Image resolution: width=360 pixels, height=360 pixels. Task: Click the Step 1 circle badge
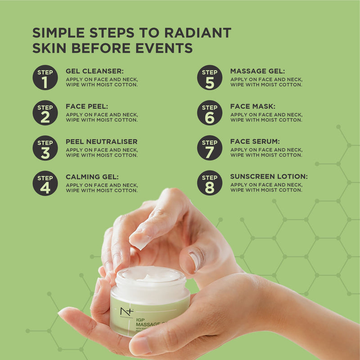pyautogui.click(x=45, y=77)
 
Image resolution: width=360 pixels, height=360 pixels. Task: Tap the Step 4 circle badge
pyautogui.click(x=45, y=183)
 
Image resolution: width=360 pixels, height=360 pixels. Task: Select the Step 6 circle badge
pyautogui.click(x=210, y=112)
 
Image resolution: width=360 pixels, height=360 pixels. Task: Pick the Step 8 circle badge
pyautogui.click(x=210, y=183)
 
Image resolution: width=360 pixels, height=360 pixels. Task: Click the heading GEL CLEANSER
pyautogui.click(x=94, y=71)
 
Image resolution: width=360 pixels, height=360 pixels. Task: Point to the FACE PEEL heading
pyautogui.click(x=87, y=107)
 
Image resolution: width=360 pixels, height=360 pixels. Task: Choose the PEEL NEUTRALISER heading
pyautogui.click(x=102, y=142)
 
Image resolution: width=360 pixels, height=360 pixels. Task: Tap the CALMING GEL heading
pyautogui.click(x=92, y=177)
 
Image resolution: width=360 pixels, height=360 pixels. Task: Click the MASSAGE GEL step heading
pyautogui.click(x=257, y=71)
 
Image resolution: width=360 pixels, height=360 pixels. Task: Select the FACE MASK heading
pyautogui.click(x=252, y=107)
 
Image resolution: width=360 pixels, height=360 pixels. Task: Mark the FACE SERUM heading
pyautogui.click(x=255, y=142)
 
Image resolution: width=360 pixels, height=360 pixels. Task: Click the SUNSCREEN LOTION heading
pyautogui.click(x=269, y=177)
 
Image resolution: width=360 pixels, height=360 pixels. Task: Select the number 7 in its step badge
pyautogui.click(x=210, y=153)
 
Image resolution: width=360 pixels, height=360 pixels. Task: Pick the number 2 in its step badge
pyautogui.click(x=45, y=117)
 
